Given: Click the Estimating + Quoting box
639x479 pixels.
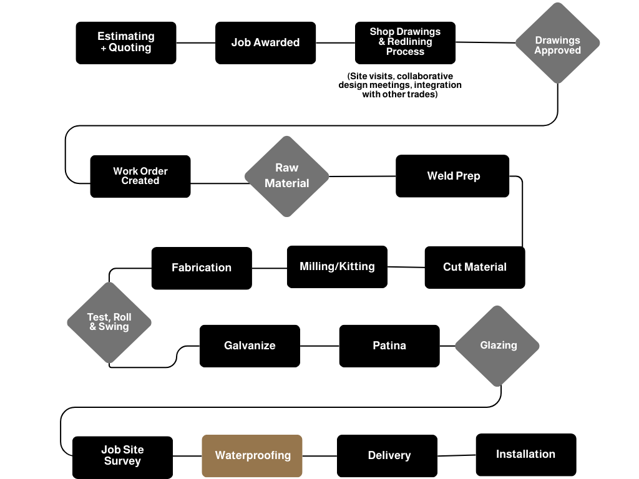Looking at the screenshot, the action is pos(126,43).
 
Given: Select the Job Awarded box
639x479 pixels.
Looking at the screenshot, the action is pos(265,43).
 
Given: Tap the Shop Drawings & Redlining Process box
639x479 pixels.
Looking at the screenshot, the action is pos(405,43).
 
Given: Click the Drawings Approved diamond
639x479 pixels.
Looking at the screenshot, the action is pos(557,43).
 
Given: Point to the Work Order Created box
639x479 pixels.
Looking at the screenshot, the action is pos(140,177).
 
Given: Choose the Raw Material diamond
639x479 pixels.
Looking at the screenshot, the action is pos(287,177).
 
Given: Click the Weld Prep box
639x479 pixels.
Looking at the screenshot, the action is pos(452,176).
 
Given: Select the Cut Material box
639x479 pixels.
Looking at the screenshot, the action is pos(475,267).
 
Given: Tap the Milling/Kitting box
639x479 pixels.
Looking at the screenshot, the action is pos(337,267).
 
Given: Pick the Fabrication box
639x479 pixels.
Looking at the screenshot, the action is pos(202,268).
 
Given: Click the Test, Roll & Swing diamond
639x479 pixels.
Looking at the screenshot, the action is pos(109,322).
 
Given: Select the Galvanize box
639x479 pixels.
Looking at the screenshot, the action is pos(250,346).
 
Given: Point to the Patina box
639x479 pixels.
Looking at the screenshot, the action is pos(389,346).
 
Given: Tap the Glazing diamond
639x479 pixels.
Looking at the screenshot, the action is pos(497,346).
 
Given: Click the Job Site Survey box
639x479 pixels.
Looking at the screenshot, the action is pos(123,457).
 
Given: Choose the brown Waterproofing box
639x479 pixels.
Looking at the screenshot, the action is pos(252,456).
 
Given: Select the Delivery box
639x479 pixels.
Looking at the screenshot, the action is pos(387,456).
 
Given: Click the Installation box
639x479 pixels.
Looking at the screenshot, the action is pos(526,455).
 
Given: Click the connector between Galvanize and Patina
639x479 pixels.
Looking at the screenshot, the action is pos(319,346).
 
